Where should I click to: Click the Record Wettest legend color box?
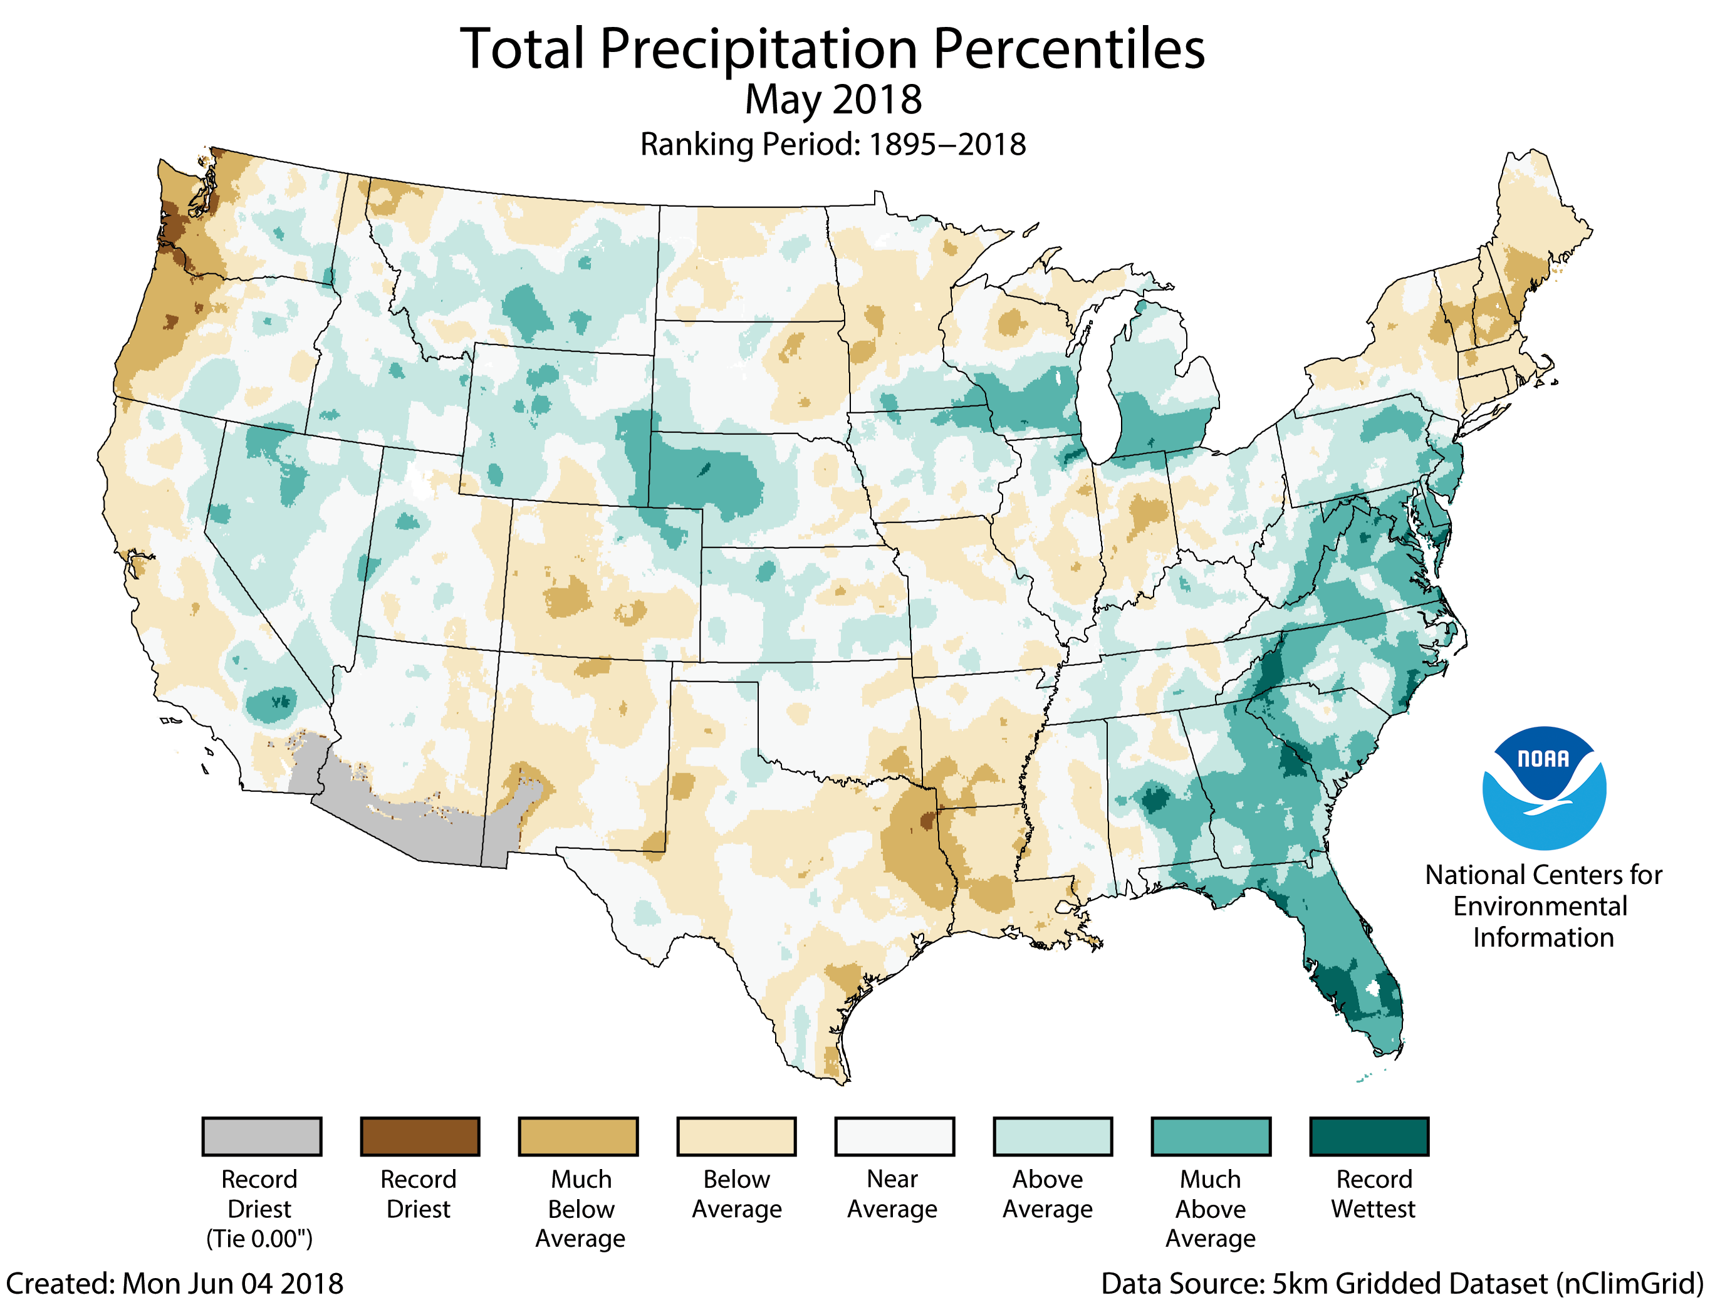coord(1369,1136)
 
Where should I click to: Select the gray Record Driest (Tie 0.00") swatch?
coord(261,1136)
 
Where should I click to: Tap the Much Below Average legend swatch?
coord(578,1136)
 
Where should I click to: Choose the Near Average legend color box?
coord(894,1136)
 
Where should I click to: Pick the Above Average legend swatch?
coord(1052,1136)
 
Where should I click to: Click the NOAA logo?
coord(1544,788)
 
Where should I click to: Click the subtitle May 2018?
coord(833,100)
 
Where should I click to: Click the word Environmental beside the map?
coord(1540,906)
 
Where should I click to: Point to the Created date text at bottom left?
coord(174,1283)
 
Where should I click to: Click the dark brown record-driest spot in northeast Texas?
coord(926,820)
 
